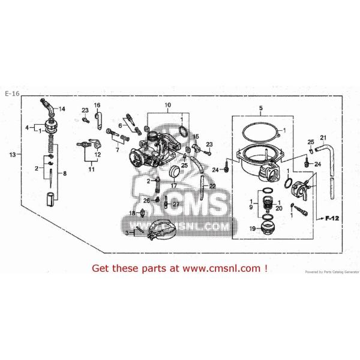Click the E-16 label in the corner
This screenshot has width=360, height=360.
click(11, 94)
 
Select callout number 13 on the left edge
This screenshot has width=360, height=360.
click(12, 154)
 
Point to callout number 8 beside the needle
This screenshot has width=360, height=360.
click(65, 173)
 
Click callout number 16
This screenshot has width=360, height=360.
click(97, 105)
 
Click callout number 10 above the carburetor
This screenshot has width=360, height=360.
click(168, 105)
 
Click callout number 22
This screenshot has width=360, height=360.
click(212, 186)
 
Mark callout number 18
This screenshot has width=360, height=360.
click(133, 213)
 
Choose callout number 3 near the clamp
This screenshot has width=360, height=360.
click(127, 232)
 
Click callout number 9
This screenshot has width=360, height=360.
click(250, 206)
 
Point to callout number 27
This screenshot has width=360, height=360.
click(176, 205)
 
